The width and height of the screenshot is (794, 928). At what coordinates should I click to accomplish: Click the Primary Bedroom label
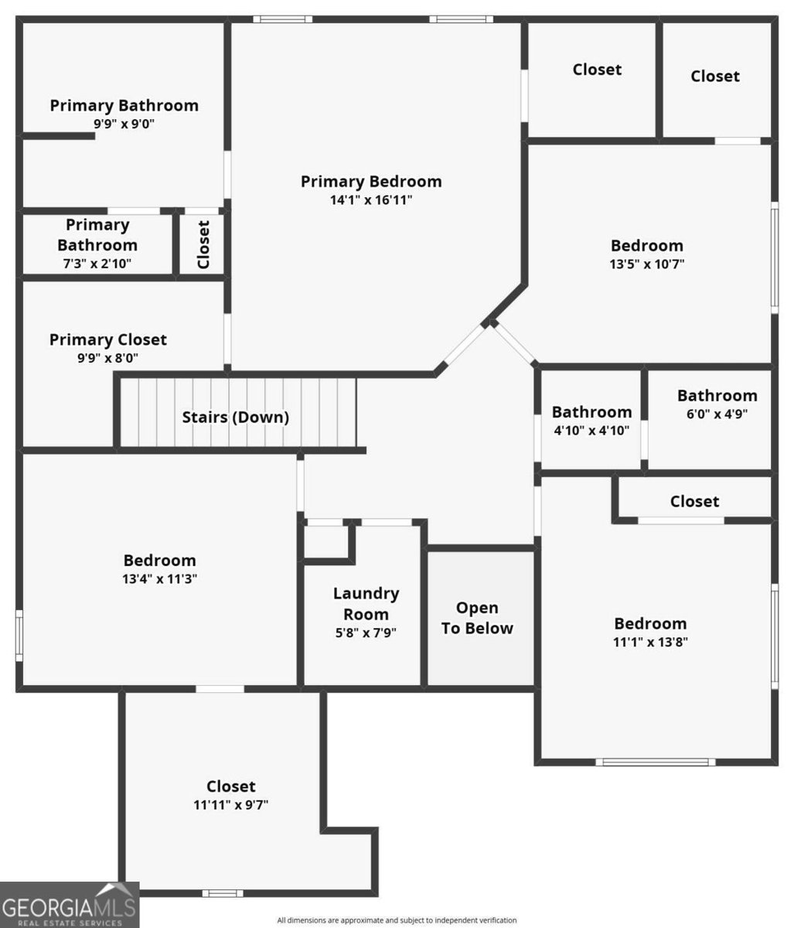pyautogui.click(x=371, y=182)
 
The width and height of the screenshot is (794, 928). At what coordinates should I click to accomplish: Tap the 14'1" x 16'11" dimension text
pyautogui.click(x=371, y=200)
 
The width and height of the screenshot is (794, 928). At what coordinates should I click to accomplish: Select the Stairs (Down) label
pyautogui.click(x=235, y=417)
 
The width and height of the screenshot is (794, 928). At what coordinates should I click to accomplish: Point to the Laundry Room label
pyautogui.click(x=366, y=603)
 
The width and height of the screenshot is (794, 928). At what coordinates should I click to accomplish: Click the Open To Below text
pyautogui.click(x=477, y=618)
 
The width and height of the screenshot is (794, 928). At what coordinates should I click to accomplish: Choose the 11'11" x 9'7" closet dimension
pyautogui.click(x=230, y=804)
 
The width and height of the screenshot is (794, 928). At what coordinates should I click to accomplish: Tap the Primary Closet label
pyautogui.click(x=107, y=339)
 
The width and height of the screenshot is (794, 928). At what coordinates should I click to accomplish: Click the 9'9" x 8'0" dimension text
pyautogui.click(x=107, y=358)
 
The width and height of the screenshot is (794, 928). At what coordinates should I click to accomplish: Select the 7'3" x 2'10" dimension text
pyautogui.click(x=97, y=263)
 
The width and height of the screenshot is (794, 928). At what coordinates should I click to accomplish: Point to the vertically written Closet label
pyautogui.click(x=203, y=244)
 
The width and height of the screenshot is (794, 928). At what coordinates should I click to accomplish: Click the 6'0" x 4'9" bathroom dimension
pyautogui.click(x=717, y=414)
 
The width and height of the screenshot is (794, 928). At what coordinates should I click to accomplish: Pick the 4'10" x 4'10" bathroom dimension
pyautogui.click(x=591, y=431)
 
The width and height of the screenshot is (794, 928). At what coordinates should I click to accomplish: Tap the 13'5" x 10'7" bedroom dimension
pyautogui.click(x=647, y=264)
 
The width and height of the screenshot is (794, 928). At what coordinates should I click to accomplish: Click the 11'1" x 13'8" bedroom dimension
pyautogui.click(x=650, y=642)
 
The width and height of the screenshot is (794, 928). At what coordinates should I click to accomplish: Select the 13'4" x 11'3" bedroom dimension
pyautogui.click(x=159, y=578)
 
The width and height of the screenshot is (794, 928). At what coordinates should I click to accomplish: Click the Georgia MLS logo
pyautogui.click(x=70, y=905)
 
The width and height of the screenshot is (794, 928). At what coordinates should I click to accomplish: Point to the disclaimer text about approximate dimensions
pyautogui.click(x=397, y=920)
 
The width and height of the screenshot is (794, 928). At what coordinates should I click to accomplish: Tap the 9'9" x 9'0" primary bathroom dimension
pyautogui.click(x=124, y=124)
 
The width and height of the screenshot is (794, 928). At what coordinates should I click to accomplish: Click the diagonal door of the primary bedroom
pyautogui.click(x=465, y=344)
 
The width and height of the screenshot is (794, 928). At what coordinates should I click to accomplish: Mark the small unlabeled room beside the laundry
pyautogui.click(x=325, y=542)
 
